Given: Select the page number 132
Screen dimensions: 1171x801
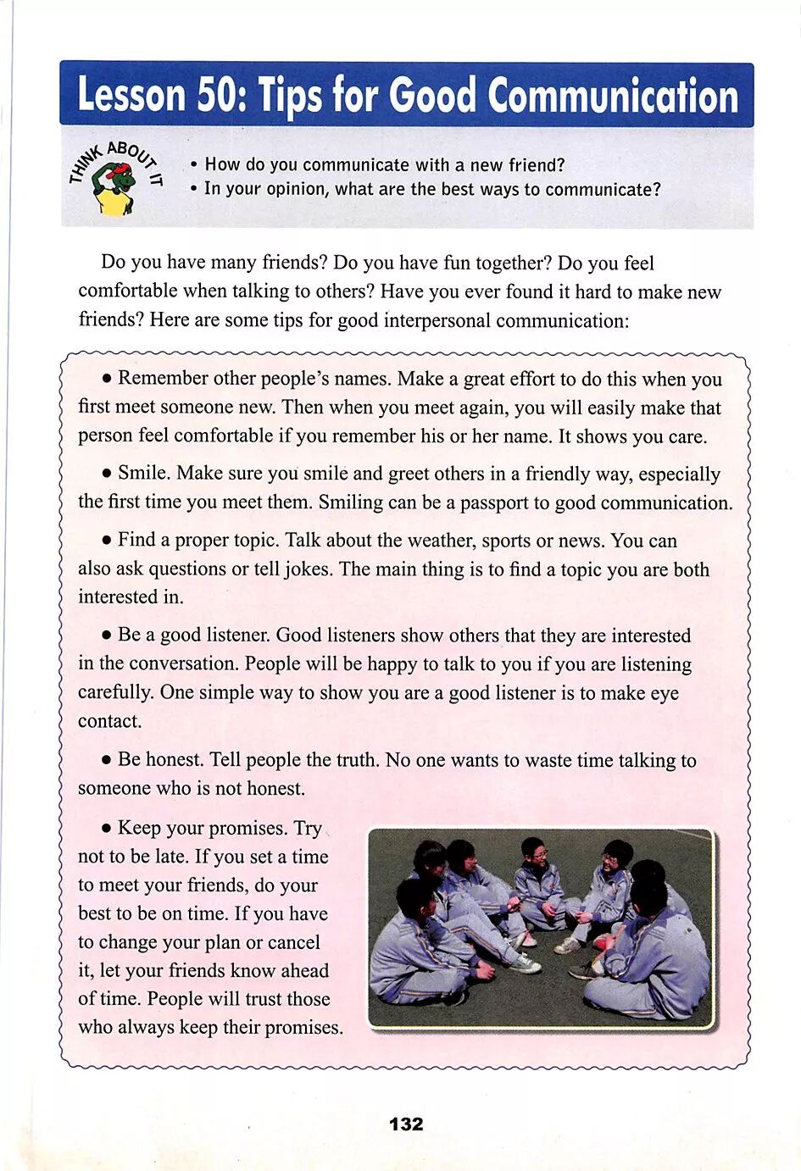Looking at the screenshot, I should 406,1124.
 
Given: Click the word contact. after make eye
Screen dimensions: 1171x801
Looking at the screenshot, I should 110,721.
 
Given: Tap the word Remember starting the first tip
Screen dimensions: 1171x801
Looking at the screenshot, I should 163,379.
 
